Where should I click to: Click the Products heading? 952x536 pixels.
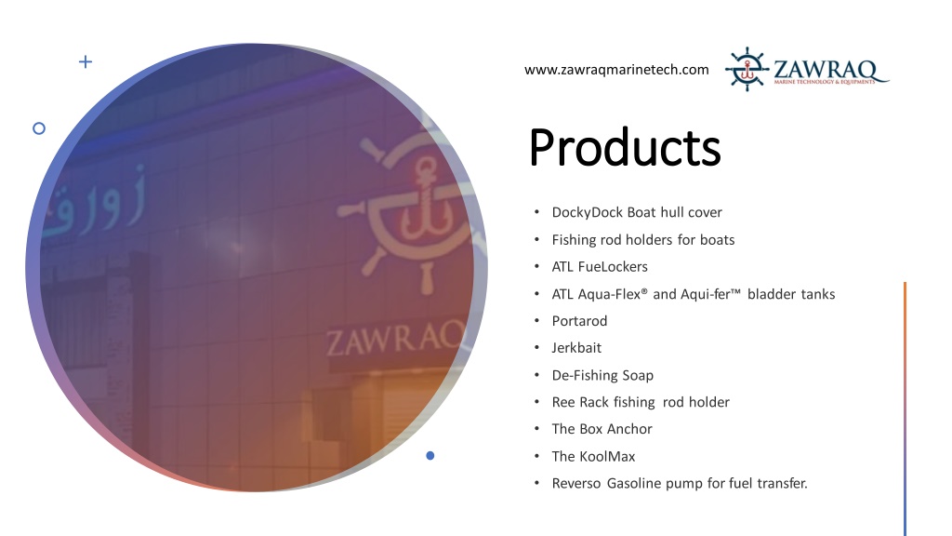point(625,148)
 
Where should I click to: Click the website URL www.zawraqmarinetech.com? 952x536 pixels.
point(616,70)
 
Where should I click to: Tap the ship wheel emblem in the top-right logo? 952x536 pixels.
point(747,69)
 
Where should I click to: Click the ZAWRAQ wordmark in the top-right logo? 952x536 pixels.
point(825,69)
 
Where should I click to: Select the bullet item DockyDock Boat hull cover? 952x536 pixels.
point(637,212)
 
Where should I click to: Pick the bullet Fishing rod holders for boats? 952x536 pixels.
point(643,239)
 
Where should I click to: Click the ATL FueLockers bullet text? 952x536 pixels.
point(600,267)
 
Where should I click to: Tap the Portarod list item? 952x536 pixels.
point(579,321)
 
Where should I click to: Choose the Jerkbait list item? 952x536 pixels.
point(576,348)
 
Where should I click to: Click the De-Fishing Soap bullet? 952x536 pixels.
point(602,375)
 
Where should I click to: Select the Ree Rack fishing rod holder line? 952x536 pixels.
point(641,402)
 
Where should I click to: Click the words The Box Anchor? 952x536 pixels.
point(602,429)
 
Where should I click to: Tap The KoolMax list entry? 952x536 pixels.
point(593,456)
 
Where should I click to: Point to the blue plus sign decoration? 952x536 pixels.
point(86,61)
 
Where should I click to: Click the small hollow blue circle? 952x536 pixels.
point(39,128)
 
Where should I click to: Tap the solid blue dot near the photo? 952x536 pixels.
point(430,456)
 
